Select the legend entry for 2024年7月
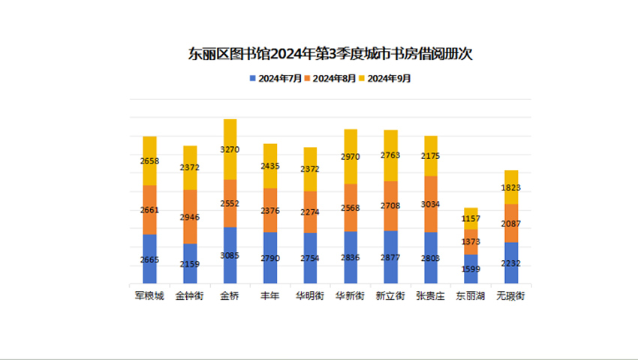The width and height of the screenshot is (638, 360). coord(275,77)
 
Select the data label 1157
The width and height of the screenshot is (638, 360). coord(471,219)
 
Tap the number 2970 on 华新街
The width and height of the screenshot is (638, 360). coord(351,157)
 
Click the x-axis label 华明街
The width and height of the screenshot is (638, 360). coord(310,296)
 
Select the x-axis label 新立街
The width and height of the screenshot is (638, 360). coord(390,296)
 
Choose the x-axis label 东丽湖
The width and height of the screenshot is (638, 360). coord(471,296)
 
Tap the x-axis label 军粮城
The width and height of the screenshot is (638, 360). coord(149,296)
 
